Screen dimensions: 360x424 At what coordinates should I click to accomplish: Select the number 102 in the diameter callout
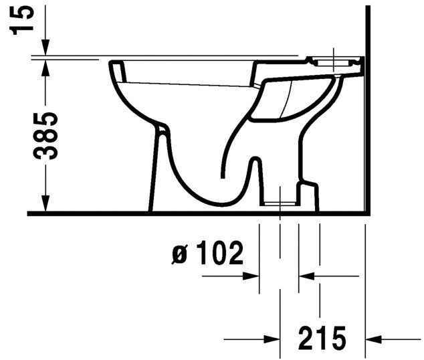click(218, 254)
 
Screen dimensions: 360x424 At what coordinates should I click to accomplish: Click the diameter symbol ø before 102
click(179, 255)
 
